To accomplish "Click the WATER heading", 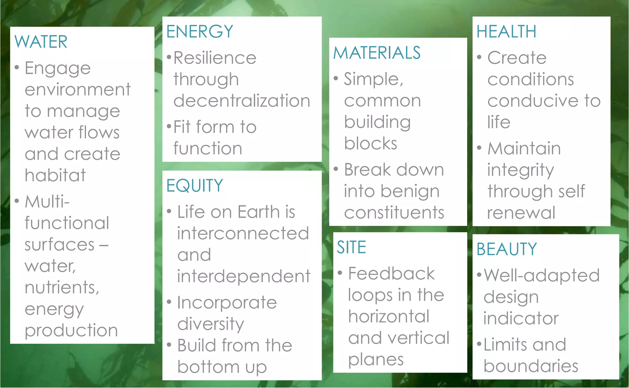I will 41,42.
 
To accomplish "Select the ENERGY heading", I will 200,31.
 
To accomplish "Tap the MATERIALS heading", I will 377,53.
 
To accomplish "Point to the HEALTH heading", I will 506,31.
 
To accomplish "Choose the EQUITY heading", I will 194,185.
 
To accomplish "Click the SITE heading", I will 351,247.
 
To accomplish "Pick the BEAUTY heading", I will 506,249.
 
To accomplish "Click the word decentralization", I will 242,101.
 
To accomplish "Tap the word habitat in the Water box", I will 55,175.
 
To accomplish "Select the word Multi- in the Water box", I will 47,202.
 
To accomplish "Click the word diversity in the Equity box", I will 211,324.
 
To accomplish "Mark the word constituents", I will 394,212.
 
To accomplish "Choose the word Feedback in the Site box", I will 391,273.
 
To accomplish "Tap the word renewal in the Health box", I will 521,212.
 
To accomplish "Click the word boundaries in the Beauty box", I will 531,366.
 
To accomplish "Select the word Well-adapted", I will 541,275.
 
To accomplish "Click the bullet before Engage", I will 17,67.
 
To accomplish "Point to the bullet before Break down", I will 336,169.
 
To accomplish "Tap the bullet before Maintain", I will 479,148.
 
